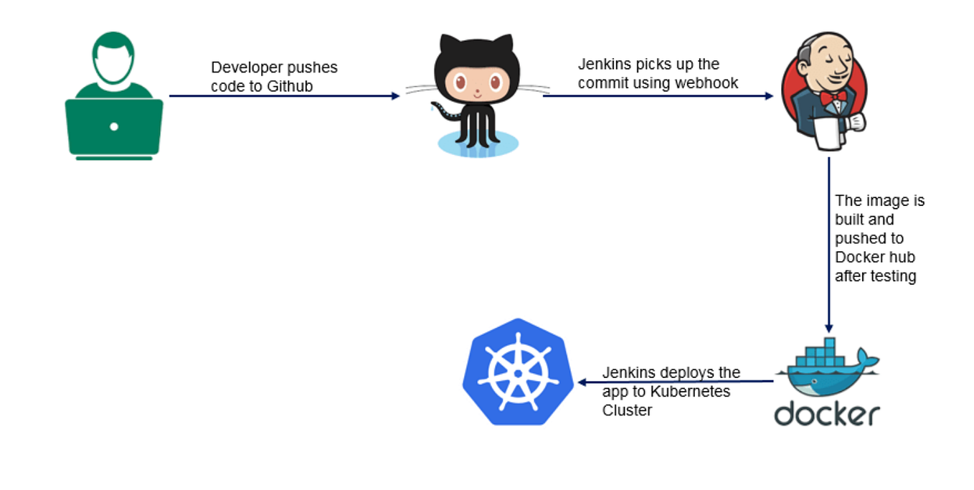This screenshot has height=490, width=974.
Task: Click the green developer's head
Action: [x=114, y=58]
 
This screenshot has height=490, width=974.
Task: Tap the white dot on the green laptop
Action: [x=114, y=127]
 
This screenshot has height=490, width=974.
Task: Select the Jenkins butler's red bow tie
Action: [x=834, y=96]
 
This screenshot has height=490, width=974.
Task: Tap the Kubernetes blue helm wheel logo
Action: [x=518, y=372]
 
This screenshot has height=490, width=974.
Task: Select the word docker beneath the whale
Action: [x=826, y=414]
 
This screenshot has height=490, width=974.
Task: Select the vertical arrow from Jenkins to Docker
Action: [x=828, y=244]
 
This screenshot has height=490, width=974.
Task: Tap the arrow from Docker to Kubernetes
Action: [x=674, y=382]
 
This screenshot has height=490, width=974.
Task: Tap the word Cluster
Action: [x=627, y=410]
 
